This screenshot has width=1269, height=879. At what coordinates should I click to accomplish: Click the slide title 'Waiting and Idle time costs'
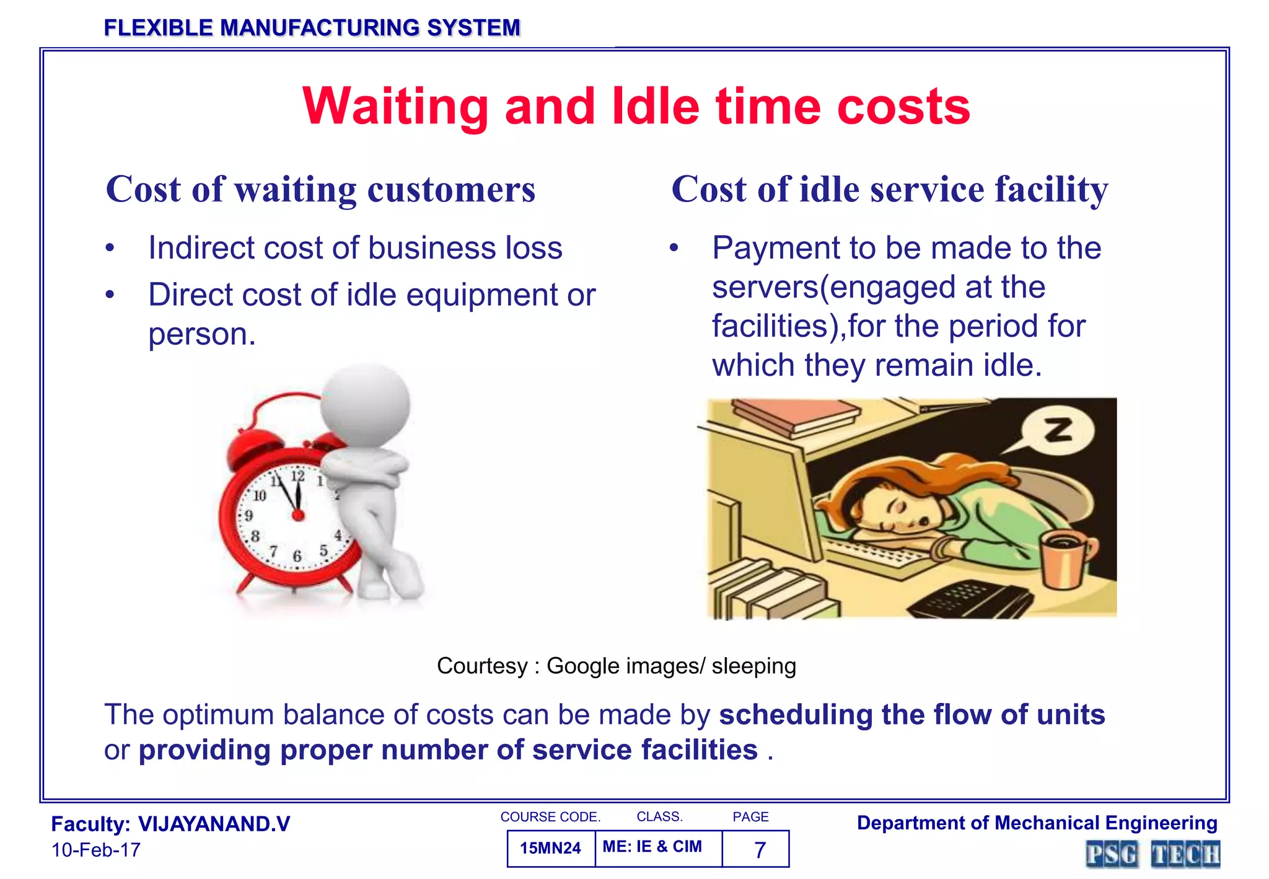[x=636, y=107]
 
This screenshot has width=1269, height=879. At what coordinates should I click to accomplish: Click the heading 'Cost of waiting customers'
[x=320, y=189]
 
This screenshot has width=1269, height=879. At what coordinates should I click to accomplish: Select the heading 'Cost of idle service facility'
[x=889, y=189]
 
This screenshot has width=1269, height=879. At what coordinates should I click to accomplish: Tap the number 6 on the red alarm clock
[x=297, y=556]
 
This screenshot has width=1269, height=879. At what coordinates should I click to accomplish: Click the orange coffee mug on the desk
[x=1064, y=559]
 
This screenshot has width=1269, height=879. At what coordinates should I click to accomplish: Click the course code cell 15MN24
[x=550, y=848]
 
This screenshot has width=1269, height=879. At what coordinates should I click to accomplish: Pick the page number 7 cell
[x=760, y=849]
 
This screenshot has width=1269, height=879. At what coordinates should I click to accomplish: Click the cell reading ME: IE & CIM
[x=652, y=847]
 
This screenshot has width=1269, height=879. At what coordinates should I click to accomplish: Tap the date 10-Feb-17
[x=96, y=850]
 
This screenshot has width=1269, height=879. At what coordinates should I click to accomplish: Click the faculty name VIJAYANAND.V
[x=214, y=824]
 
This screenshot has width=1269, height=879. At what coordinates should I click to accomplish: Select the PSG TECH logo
[x=1153, y=855]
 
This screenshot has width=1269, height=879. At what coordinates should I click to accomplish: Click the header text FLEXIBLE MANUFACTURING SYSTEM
[x=312, y=28]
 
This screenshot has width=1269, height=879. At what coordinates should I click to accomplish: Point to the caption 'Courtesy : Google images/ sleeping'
[x=616, y=666]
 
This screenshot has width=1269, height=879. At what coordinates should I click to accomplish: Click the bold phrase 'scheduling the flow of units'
[x=911, y=714]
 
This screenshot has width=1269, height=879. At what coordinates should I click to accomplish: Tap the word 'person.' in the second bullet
[x=202, y=334]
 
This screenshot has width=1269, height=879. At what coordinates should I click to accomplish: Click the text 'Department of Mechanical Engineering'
[x=1037, y=823]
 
